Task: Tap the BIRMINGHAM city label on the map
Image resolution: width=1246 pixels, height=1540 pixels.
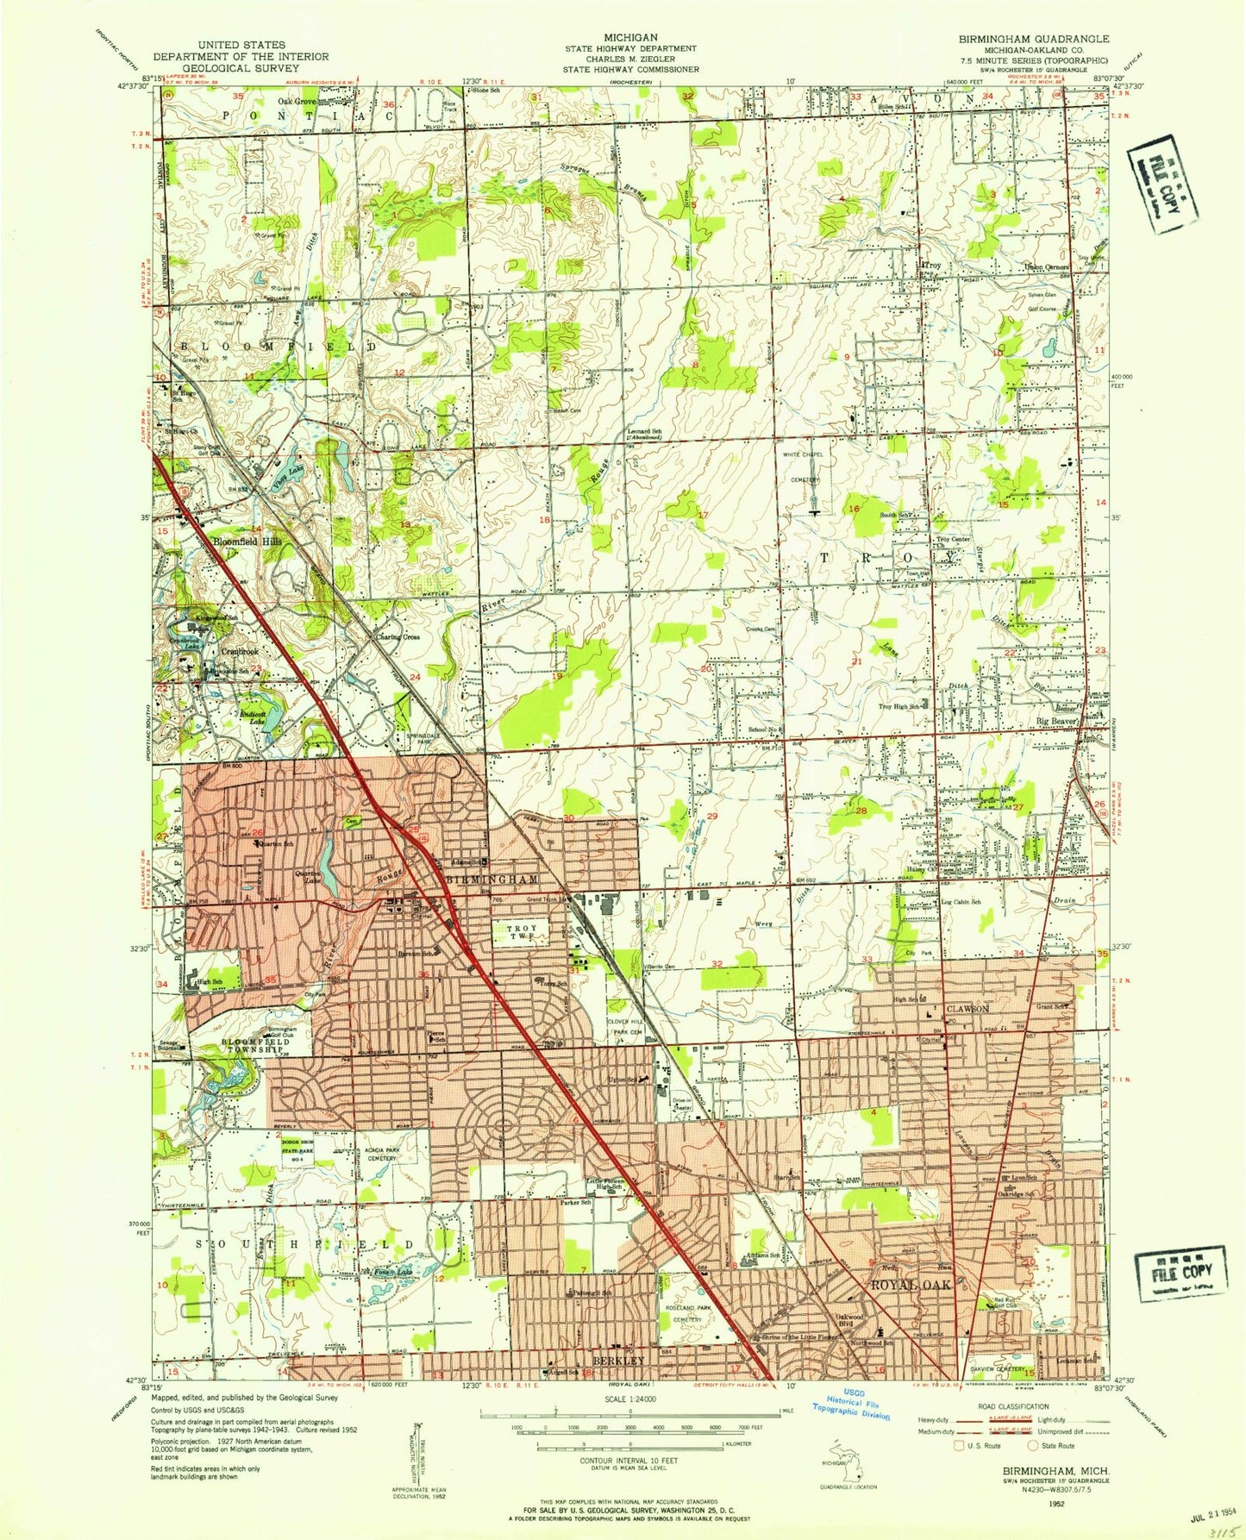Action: pos(492,879)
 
